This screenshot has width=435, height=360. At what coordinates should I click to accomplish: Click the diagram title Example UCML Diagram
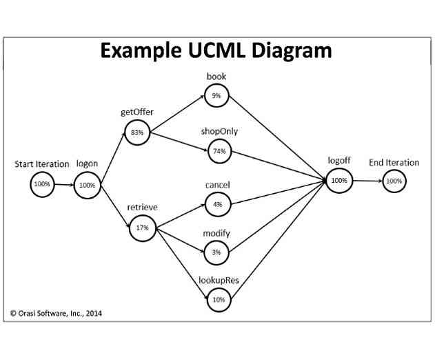pyautogui.click(x=216, y=50)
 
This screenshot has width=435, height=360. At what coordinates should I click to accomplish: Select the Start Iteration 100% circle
pyautogui.click(x=42, y=184)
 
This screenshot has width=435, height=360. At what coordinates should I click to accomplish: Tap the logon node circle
pyautogui.click(x=87, y=185)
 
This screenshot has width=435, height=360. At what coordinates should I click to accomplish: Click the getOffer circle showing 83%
pyautogui.click(x=137, y=132)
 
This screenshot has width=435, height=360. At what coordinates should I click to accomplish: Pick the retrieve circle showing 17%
pyautogui.click(x=143, y=227)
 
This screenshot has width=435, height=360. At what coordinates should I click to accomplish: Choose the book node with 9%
pyautogui.click(x=216, y=96)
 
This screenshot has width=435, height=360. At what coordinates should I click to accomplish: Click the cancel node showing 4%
pyautogui.click(x=217, y=204)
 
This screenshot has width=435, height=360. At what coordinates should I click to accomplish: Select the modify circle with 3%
pyautogui.click(x=216, y=252)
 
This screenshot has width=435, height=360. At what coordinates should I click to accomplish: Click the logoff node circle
pyautogui.click(x=338, y=180)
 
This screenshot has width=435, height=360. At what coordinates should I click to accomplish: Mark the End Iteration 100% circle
pyautogui.click(x=394, y=181)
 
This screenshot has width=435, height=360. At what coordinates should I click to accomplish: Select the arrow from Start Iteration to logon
pyautogui.click(x=64, y=184)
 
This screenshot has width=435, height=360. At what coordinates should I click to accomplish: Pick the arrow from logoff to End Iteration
pyautogui.click(x=366, y=181)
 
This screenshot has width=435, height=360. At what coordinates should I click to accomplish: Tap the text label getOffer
pyautogui.click(x=137, y=112)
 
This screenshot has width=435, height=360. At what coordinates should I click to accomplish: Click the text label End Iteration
pyautogui.click(x=394, y=163)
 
